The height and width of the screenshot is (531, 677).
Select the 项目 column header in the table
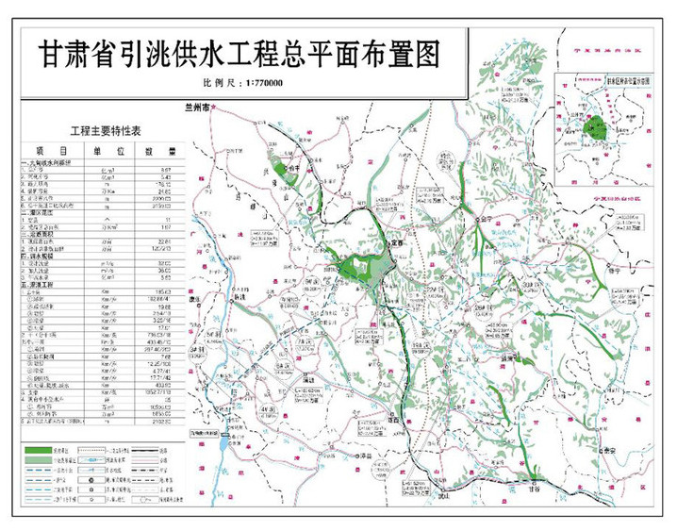(x=49, y=151)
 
